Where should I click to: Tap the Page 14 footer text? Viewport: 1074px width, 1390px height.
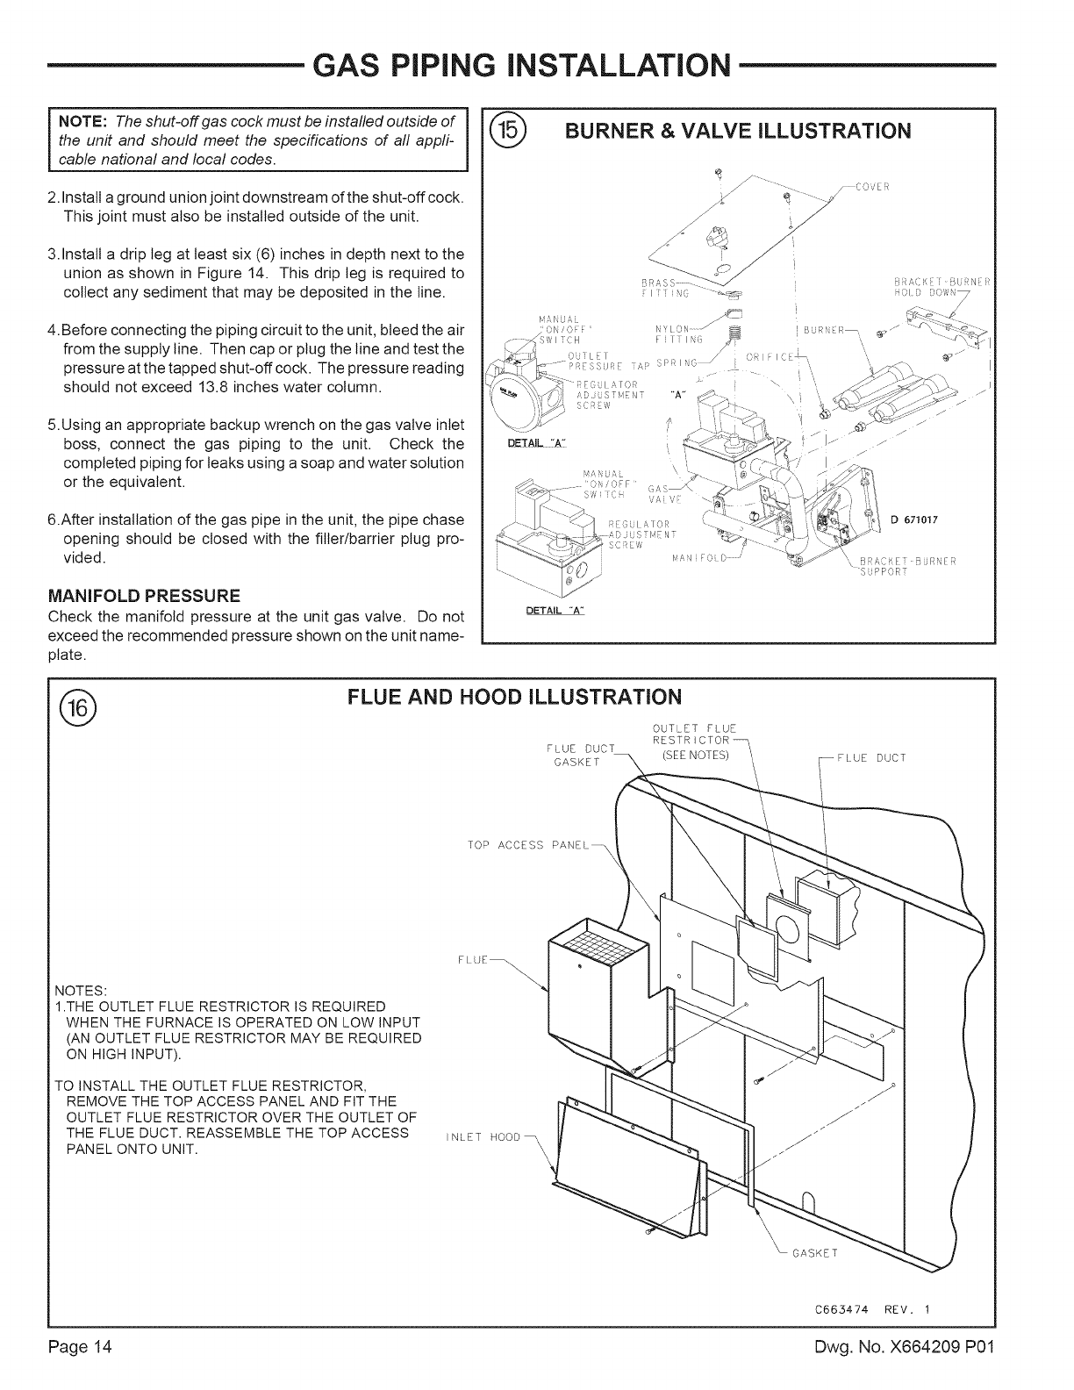coord(82,1371)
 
